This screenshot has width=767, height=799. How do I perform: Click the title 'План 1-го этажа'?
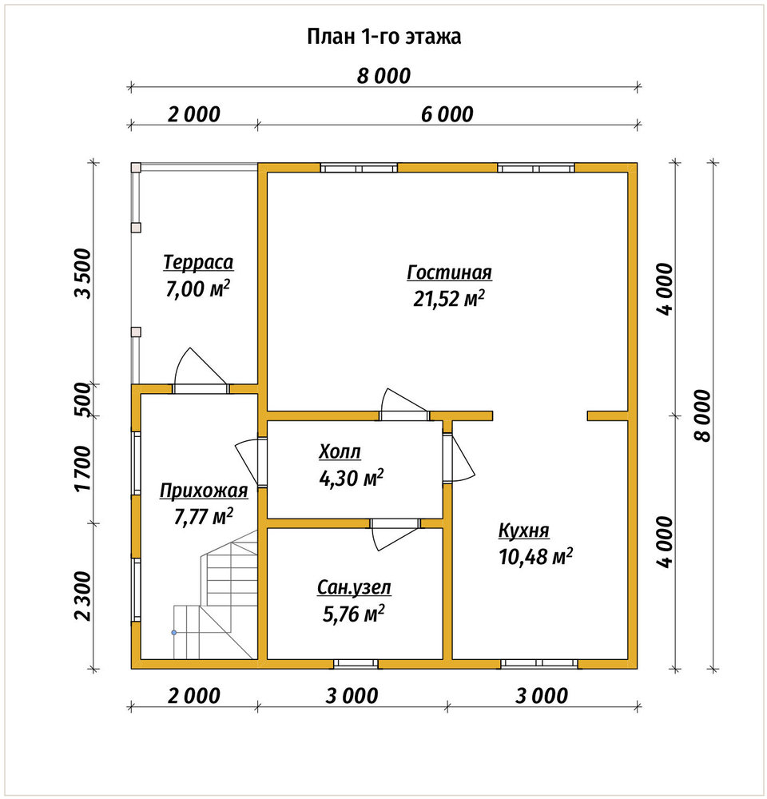(383, 37)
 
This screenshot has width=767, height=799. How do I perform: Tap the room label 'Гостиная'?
(449, 272)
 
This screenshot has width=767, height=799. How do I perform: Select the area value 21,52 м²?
(448, 299)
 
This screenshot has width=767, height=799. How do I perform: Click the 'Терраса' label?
(198, 262)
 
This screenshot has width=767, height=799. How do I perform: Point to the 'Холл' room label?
(340, 451)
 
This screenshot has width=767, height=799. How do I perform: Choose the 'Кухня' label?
(524, 531)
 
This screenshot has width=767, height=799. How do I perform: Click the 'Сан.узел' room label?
(354, 587)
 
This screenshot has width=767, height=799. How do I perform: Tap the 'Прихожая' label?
(204, 491)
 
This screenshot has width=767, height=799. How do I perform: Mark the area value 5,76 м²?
(354, 614)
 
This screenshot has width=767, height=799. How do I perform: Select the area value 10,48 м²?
(535, 556)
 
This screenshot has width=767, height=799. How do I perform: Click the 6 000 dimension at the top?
(447, 114)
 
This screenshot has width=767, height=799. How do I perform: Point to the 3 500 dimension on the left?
(82, 273)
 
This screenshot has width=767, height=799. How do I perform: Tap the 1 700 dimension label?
(82, 469)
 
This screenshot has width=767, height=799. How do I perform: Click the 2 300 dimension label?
(82, 596)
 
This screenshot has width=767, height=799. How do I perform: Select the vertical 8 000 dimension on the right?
(702, 415)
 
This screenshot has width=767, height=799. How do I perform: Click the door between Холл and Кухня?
(458, 456)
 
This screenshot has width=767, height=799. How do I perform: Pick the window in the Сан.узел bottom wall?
(356, 663)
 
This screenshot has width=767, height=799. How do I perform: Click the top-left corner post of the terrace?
(136, 168)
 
